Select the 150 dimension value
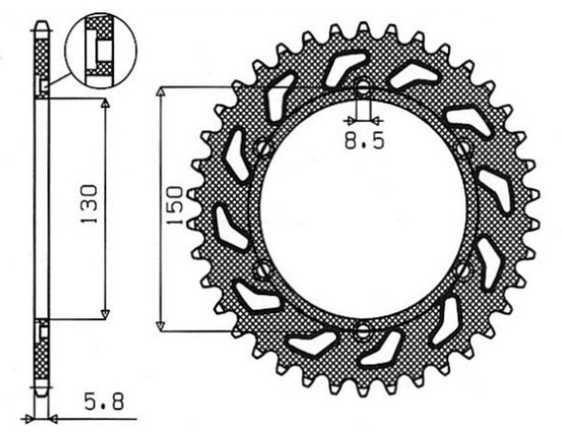(x=175, y=205)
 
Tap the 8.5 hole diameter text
(x=364, y=141)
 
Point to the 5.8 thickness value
(x=104, y=402)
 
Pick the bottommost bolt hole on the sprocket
(x=363, y=332)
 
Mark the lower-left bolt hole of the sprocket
(x=263, y=270)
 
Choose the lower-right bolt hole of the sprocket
(x=463, y=269)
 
